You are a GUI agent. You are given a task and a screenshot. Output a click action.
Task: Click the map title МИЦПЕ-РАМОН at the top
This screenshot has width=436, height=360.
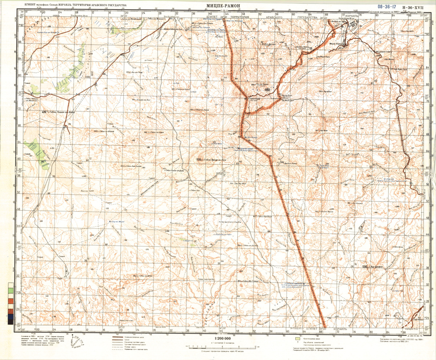(222, 5)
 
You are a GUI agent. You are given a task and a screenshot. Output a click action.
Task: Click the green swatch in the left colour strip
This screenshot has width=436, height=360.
(11, 291)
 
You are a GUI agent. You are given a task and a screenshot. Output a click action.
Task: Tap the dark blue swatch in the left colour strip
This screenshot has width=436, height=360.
(11, 317)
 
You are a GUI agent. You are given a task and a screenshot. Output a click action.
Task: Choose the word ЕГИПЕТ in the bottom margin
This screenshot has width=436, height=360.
(313, 329)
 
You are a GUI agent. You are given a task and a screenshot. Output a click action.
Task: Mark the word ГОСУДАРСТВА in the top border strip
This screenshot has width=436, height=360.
(307, 17)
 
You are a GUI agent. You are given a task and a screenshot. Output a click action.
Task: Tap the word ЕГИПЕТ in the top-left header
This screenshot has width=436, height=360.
(31, 4)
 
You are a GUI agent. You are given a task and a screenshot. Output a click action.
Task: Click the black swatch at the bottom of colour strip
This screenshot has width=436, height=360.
(11, 322)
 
